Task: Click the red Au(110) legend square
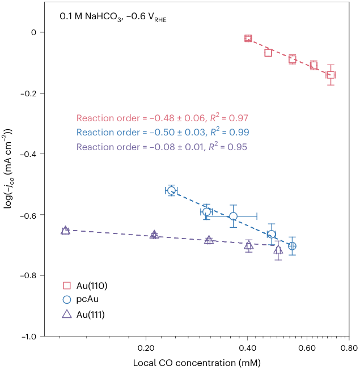[x=66, y=286]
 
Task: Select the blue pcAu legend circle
[x=66, y=300]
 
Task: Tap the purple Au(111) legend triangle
[x=66, y=314]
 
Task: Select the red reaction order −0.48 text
[x=162, y=118]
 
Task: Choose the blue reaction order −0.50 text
[x=162, y=133]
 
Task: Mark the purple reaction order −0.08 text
[x=162, y=147]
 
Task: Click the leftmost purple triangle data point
[x=65, y=231]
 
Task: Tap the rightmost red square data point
[x=331, y=75]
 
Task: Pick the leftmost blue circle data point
[x=171, y=190]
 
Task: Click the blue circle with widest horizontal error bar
[x=233, y=216]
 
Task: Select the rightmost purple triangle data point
[x=278, y=250]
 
